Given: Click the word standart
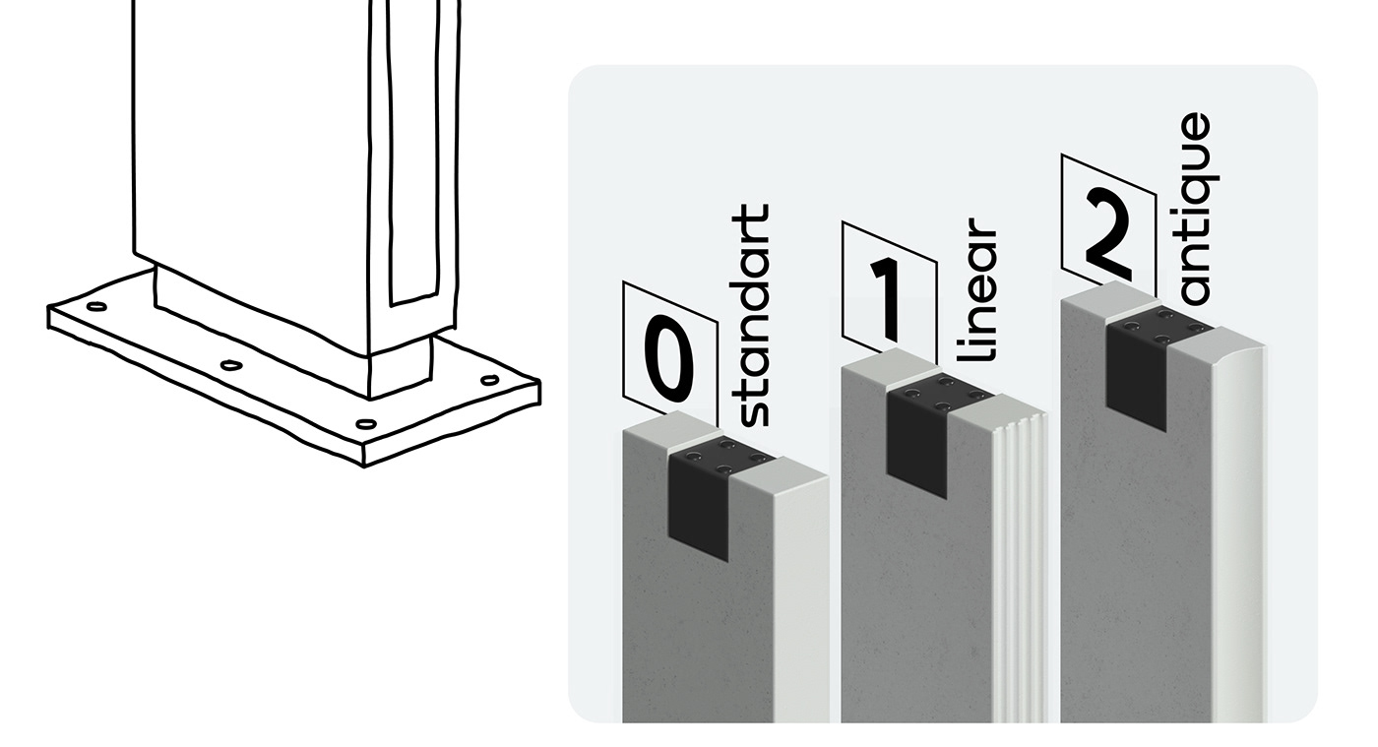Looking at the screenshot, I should point(753,315).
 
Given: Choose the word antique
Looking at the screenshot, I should point(1194,209).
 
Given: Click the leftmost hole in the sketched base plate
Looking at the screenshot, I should point(96,306).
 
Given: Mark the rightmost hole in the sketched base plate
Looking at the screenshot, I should point(489,381).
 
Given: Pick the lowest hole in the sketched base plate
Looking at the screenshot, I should point(365,424).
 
